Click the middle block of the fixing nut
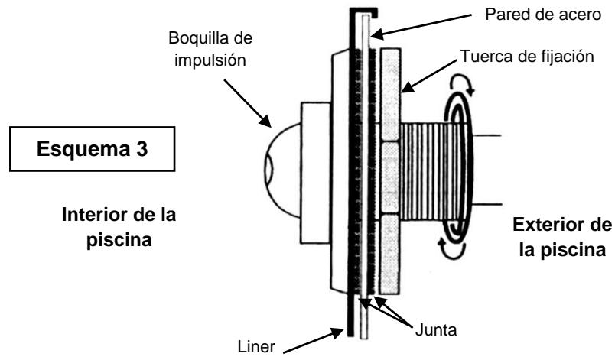pos(389,177)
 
